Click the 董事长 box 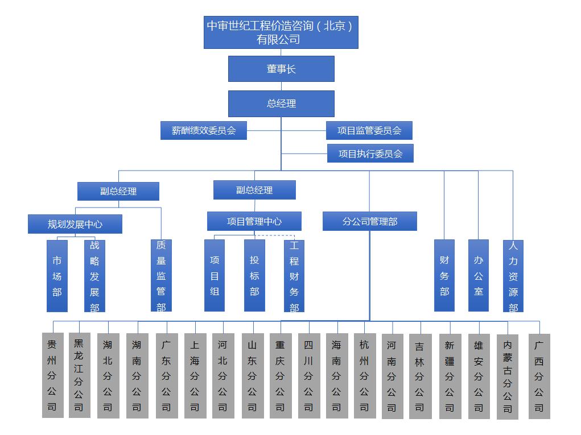[281, 69]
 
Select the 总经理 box [281, 103]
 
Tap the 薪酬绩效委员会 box [203, 130]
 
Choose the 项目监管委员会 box [369, 130]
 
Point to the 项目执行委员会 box [370, 154]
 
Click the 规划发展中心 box [75, 224]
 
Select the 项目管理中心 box [254, 221]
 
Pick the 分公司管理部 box [370, 221]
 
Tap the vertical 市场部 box [57, 276]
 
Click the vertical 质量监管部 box [161, 275]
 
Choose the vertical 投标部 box [254, 275]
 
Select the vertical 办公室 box [479, 275]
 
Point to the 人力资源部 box [513, 276]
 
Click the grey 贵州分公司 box [52, 375]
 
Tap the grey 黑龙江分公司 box [79, 375]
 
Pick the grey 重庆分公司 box [281, 376]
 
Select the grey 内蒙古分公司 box [508, 377]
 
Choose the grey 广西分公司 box [539, 376]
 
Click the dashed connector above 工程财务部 [275, 235]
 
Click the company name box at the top [281, 32]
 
